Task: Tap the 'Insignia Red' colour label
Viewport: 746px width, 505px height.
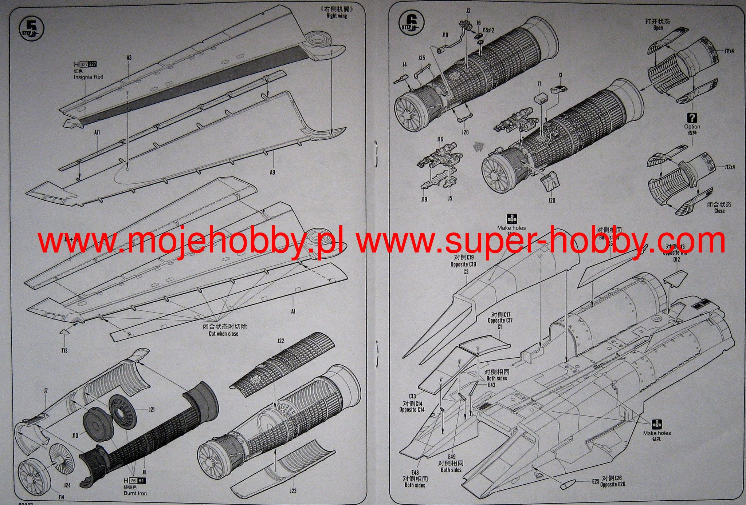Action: pos(88,77)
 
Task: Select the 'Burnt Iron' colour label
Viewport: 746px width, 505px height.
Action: pos(135,493)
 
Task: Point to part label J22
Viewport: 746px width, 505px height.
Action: pos(280,341)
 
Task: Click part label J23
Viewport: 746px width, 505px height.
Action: pos(293,491)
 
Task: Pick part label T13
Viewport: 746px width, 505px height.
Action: pos(64,350)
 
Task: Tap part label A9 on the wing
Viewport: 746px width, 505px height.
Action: pos(272,172)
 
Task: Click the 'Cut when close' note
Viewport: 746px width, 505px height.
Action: pos(224,333)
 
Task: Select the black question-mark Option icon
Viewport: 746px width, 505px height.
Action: pos(692,118)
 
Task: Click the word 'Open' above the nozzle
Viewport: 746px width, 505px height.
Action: pos(658,28)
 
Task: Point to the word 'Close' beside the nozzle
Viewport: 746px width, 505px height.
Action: pos(719,211)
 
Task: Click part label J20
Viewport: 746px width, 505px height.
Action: pos(551,200)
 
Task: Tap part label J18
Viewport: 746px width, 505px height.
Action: pos(445,35)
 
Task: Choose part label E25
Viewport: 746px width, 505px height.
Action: pos(595,481)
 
